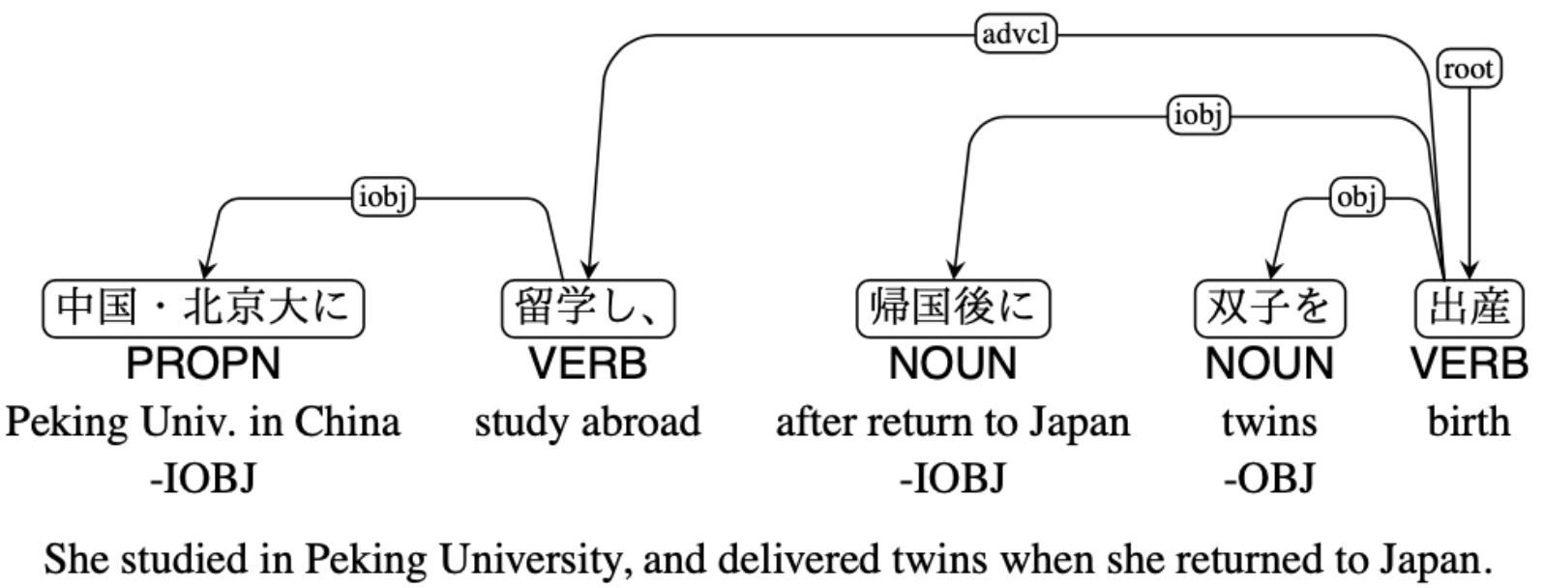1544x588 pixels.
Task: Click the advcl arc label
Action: [x=1015, y=36]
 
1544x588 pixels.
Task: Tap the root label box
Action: [x=1470, y=70]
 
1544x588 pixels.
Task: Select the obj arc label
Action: [x=1356, y=198]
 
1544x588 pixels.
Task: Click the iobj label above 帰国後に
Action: [x=1199, y=116]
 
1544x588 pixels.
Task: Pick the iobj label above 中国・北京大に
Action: [x=383, y=198]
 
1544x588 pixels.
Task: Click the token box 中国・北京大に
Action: [x=203, y=308]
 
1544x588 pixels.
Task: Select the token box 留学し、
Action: [x=587, y=308]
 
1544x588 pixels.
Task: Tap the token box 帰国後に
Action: [x=953, y=308]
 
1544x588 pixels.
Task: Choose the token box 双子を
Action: [x=1268, y=308]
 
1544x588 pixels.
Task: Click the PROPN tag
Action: [x=203, y=365]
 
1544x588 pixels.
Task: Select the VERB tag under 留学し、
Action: [x=587, y=365]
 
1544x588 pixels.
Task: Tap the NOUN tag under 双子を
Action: [x=1268, y=365]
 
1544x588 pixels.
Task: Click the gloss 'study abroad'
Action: [x=587, y=423]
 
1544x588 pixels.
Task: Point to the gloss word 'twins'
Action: [x=1268, y=423]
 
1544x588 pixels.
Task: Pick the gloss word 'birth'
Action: [x=1469, y=423]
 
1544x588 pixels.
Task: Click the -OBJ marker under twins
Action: [x=1268, y=478]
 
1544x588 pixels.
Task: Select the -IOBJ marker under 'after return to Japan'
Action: [x=953, y=478]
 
